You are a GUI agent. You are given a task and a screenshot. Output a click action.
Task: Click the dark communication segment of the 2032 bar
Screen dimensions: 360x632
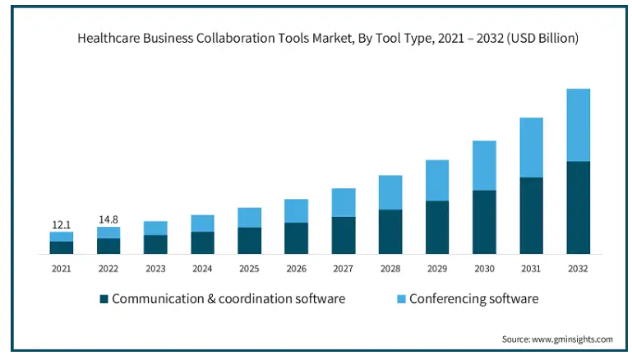[x=578, y=207]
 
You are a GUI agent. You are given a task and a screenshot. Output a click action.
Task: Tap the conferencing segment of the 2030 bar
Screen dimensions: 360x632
[x=484, y=165]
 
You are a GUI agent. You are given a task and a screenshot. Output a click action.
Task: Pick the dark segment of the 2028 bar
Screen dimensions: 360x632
[x=390, y=231]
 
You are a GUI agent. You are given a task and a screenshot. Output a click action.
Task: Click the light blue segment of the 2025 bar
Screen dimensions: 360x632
[x=249, y=217]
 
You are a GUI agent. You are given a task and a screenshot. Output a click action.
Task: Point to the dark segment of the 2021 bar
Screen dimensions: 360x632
[x=61, y=247]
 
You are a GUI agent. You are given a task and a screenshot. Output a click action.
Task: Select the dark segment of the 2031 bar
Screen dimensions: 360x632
[x=531, y=215]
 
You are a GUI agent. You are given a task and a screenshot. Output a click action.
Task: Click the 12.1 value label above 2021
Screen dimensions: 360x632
[x=61, y=224]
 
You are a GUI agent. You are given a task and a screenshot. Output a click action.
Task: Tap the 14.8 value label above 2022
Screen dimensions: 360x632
[x=108, y=219]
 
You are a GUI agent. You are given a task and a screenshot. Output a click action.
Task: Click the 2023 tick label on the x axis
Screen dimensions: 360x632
[x=155, y=268]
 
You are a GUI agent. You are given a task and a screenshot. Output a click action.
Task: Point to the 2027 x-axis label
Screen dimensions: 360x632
[x=344, y=268]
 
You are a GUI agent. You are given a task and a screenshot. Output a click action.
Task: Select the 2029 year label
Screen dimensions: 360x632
[x=437, y=268]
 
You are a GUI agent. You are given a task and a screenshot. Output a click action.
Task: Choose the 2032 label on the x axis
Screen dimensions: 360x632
[x=578, y=268]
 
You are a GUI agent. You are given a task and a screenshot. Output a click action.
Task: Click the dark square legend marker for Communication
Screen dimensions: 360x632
[x=104, y=298]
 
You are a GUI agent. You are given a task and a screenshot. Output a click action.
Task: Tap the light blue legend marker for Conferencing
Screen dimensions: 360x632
[x=400, y=298]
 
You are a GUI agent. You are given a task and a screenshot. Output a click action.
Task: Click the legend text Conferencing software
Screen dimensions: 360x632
[x=473, y=298]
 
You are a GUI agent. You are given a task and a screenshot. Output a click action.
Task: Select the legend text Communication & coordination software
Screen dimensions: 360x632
[x=228, y=298]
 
